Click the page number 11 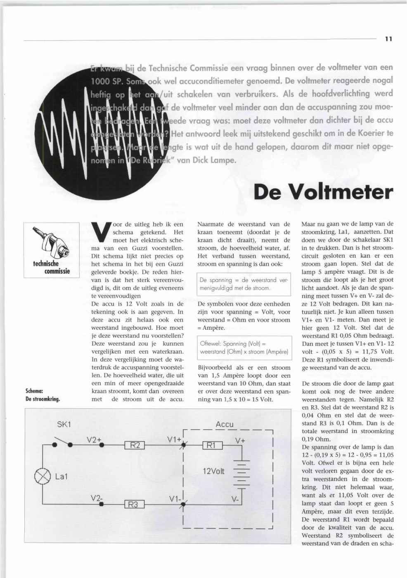388,39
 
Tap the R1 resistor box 213,445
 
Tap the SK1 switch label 64,425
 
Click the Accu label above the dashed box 225,424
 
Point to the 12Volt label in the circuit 213,471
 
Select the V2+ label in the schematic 94,440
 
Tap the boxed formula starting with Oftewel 244,348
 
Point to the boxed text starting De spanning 244,284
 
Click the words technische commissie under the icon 52,267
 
